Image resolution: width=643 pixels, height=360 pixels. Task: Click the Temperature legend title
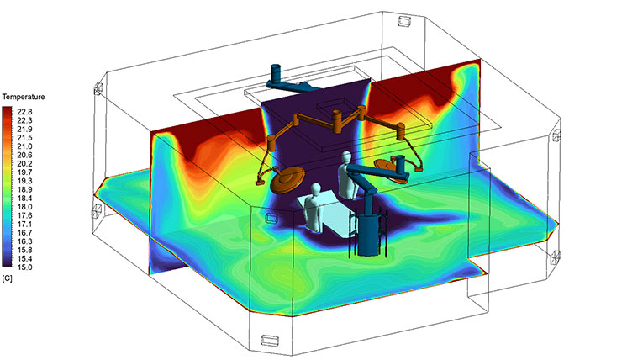24,97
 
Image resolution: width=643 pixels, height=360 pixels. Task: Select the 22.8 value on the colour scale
24,112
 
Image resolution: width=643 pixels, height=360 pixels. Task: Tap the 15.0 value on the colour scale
24,267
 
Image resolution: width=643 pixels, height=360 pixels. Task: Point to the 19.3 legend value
24,181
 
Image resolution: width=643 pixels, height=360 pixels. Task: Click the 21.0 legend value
24,146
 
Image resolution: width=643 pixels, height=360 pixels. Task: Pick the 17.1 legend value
24,224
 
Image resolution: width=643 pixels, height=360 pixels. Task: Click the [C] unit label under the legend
7,278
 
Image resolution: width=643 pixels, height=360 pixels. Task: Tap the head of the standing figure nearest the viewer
315,190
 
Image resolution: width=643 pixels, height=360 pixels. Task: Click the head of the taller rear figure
346,157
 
